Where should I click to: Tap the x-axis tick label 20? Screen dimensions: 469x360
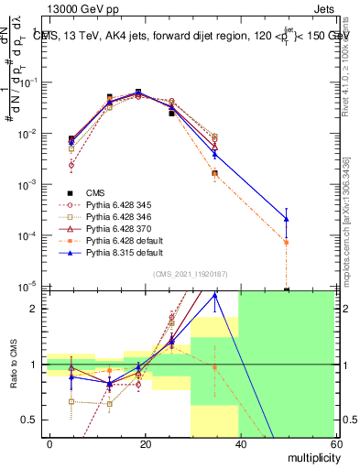pyautogui.click(x=146, y=444)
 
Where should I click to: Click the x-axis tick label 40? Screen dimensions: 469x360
pyautogui.click(x=240, y=444)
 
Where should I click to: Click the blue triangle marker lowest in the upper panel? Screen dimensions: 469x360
pyautogui.click(x=287, y=218)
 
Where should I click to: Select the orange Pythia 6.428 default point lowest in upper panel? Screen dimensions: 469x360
pyautogui.click(x=287, y=242)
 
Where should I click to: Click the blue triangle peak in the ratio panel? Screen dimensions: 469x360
pyautogui.click(x=215, y=295)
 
